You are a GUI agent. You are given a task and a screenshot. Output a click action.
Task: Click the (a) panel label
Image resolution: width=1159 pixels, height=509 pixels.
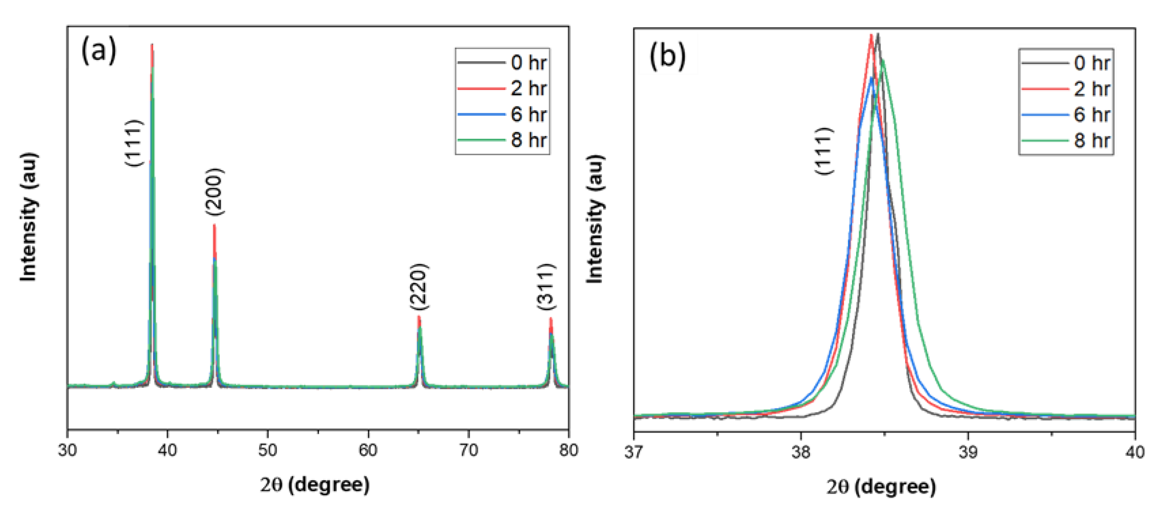pyautogui.click(x=99, y=51)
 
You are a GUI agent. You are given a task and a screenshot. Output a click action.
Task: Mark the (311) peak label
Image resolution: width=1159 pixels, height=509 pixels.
pyautogui.click(x=546, y=287)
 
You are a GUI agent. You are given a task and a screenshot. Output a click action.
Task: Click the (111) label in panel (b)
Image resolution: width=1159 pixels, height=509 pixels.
pyautogui.click(x=824, y=151)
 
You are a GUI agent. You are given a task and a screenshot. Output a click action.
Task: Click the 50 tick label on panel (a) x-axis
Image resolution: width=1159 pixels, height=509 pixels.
pyautogui.click(x=268, y=450)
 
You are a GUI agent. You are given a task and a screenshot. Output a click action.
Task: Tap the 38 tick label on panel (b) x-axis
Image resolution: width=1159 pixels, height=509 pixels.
pyautogui.click(x=801, y=452)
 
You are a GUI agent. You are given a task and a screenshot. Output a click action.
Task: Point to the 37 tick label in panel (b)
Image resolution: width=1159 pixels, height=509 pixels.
pyautogui.click(x=634, y=452)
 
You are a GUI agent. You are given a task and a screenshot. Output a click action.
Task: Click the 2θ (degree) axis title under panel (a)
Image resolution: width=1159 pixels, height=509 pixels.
pyautogui.click(x=315, y=485)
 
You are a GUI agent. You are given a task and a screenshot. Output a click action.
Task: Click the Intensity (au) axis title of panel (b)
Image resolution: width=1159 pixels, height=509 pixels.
pyautogui.click(x=595, y=219)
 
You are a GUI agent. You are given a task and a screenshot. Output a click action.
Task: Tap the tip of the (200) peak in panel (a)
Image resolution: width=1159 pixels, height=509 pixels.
pyautogui.click(x=214, y=225)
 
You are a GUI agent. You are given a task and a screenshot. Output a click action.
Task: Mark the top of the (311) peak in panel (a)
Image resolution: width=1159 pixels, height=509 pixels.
pyautogui.click(x=551, y=319)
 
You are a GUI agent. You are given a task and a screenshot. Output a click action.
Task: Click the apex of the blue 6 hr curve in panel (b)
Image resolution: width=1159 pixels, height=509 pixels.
pyautogui.click(x=872, y=78)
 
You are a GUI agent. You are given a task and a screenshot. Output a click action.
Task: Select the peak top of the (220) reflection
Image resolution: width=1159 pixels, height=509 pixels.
pyautogui.click(x=419, y=317)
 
